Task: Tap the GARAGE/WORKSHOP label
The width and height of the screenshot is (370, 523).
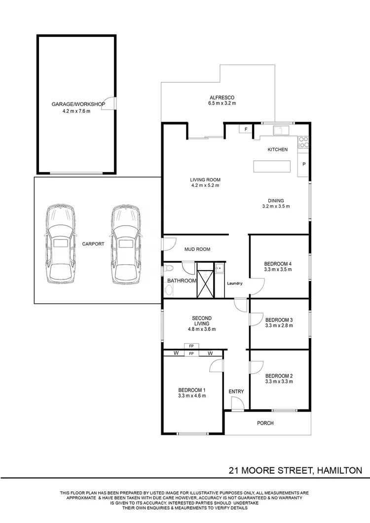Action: tap(78, 104)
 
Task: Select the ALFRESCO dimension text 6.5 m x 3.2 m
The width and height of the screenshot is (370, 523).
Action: tap(222, 104)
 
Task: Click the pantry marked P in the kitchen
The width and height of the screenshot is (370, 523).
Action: tap(304, 164)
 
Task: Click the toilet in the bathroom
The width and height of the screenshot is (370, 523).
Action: tap(169, 269)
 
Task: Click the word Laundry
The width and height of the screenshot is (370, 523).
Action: tap(234, 283)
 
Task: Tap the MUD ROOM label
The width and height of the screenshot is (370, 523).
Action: tap(197, 249)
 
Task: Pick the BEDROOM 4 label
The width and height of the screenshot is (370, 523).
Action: tap(279, 264)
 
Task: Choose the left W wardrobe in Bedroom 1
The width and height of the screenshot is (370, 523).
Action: tap(176, 353)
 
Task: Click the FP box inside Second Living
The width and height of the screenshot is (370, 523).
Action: tap(191, 346)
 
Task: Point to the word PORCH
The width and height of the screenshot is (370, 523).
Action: tap(265, 423)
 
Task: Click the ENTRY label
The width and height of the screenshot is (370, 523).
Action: tap(236, 391)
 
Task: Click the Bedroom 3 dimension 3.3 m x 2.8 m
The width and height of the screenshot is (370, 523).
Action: tap(279, 326)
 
